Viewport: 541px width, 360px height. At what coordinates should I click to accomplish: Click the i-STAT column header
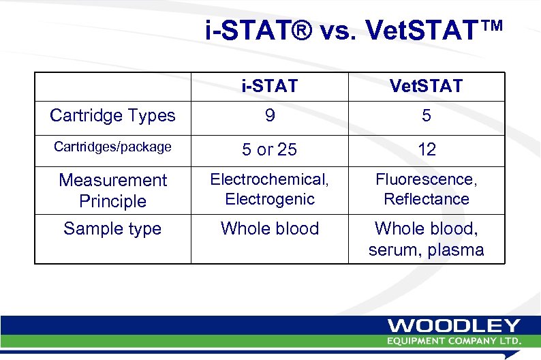[270, 86]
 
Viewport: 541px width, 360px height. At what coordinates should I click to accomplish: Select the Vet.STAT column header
[426, 86]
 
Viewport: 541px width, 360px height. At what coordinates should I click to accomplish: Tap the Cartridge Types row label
[112, 116]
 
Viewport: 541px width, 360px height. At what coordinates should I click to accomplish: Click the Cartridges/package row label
[112, 147]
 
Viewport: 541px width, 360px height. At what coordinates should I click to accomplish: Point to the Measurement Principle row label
[112, 190]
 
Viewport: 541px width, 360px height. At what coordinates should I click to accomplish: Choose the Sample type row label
[112, 228]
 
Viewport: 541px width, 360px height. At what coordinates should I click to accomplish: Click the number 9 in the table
[270, 117]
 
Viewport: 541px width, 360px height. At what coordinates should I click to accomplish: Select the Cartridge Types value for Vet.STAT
[427, 117]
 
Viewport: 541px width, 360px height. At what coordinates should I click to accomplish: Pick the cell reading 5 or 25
[270, 149]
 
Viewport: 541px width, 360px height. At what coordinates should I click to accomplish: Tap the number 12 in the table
[427, 149]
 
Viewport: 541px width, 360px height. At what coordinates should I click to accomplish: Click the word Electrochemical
[269, 179]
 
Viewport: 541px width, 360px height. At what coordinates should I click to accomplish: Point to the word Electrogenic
[270, 199]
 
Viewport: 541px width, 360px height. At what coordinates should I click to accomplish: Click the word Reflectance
[427, 199]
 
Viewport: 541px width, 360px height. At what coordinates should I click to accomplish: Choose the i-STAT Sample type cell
[270, 228]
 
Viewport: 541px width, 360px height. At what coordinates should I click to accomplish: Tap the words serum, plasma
[426, 250]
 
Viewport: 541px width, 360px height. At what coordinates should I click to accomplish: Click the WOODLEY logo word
[454, 327]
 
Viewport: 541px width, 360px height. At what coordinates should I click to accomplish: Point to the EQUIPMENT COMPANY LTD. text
[454, 340]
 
